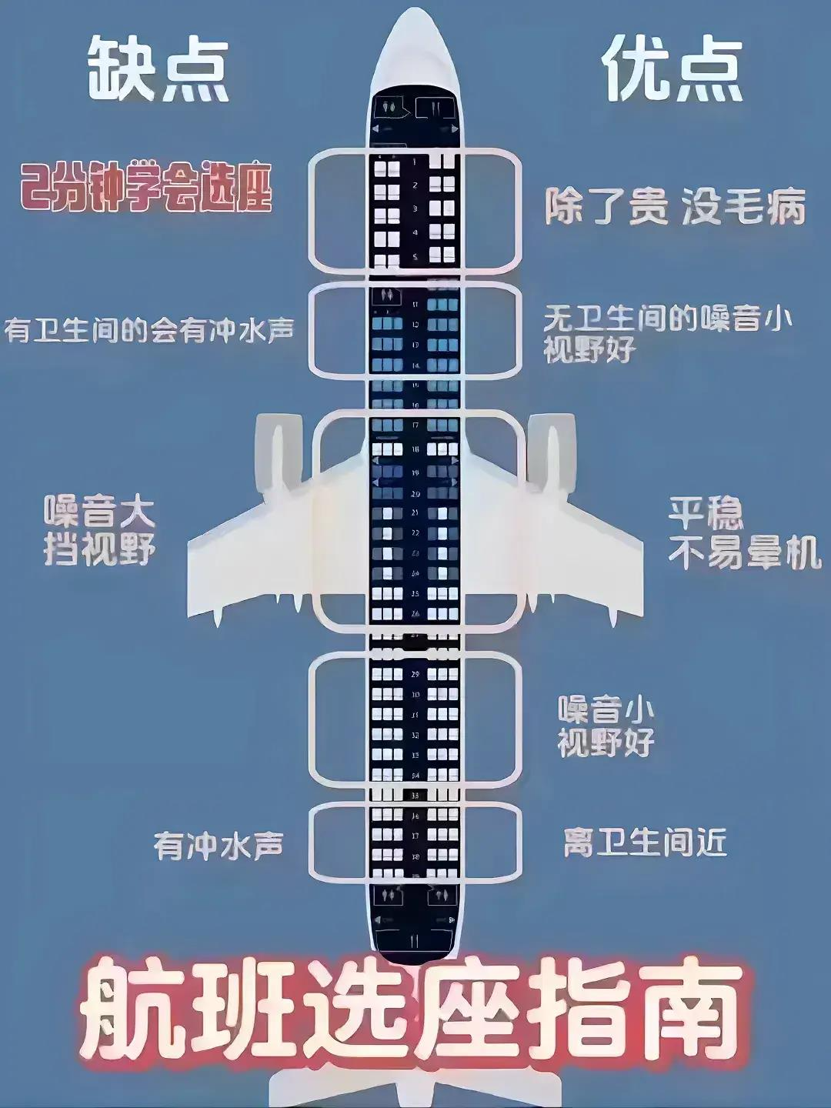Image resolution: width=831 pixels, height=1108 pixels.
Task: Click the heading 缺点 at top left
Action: [x=158, y=71]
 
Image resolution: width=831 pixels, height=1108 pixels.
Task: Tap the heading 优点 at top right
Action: [x=672, y=71]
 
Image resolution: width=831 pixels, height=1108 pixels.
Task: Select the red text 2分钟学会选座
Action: [x=146, y=188]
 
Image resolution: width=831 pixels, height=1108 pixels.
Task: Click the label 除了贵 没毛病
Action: [x=675, y=207]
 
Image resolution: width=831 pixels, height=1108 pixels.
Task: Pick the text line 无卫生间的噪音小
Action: [x=667, y=318]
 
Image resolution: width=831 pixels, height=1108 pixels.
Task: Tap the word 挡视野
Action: [x=99, y=549]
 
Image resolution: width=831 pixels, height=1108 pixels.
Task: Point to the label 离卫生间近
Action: [x=645, y=843]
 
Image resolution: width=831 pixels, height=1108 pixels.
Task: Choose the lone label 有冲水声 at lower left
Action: [x=219, y=846]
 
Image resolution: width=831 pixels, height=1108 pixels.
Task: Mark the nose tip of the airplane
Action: [x=415, y=14]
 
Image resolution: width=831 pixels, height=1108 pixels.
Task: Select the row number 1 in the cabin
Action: [x=415, y=162]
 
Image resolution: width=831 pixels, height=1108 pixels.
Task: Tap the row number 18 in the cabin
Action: [x=415, y=449]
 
